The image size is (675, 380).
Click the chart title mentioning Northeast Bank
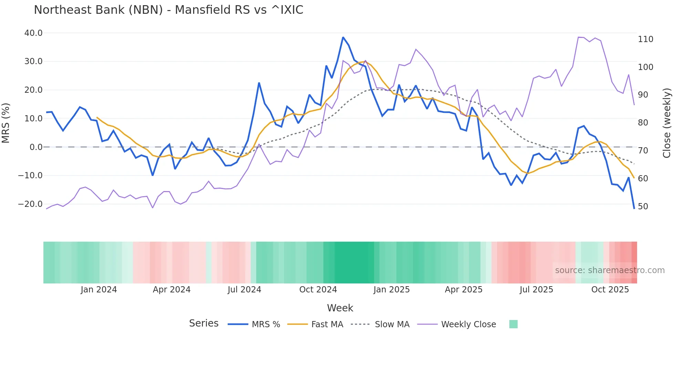(x=168, y=10)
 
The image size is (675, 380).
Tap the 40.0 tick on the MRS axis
(x=33, y=33)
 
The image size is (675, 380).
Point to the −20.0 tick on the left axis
(x=30, y=204)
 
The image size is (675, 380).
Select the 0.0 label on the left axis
(x=36, y=147)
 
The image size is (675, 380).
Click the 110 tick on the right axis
(x=645, y=39)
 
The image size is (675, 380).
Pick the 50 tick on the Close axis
(x=643, y=207)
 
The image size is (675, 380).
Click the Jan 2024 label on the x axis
(x=99, y=290)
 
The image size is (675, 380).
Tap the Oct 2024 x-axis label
(x=318, y=290)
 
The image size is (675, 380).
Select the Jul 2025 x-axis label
(x=536, y=290)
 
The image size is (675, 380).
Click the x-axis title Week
(x=340, y=308)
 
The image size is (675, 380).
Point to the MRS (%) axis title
(x=6, y=123)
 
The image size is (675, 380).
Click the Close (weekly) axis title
(x=667, y=123)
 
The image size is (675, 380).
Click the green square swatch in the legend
(x=513, y=324)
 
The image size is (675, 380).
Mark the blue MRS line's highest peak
(x=343, y=37)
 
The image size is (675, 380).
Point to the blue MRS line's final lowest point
(x=634, y=208)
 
